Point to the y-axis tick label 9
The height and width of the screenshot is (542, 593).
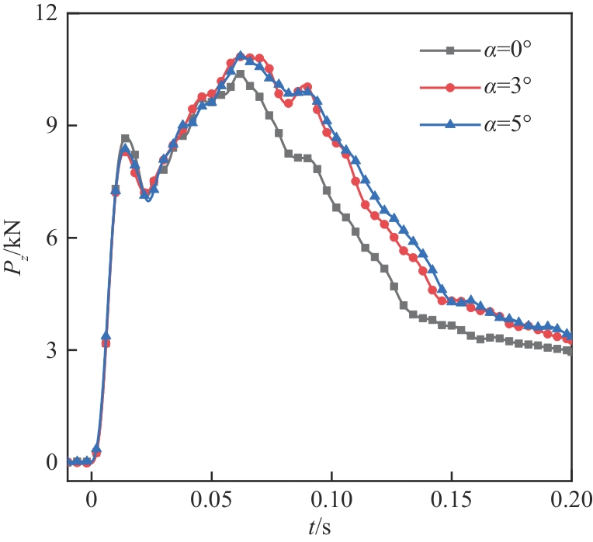pos(51,126)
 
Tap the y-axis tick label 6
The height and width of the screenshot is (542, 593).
pos(51,238)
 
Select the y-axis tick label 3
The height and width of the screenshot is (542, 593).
pos(51,350)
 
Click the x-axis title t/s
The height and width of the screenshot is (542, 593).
pos(320,526)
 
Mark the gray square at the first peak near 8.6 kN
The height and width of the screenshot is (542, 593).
pos(125,139)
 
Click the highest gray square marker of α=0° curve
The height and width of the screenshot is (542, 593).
pos(241,75)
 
